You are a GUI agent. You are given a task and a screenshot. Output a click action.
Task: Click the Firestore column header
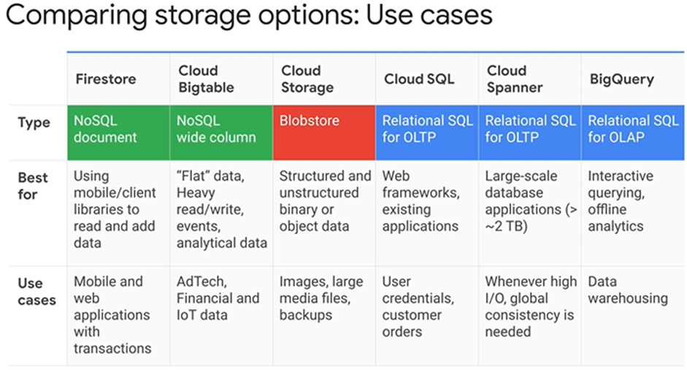106,79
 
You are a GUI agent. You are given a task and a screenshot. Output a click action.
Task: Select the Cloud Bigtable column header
206,79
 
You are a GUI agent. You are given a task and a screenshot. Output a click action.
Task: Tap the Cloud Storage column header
307,79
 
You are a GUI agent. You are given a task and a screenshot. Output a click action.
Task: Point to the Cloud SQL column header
419,79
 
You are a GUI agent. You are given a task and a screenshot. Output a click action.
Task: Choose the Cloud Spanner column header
515,79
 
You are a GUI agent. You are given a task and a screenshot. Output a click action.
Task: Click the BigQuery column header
622,79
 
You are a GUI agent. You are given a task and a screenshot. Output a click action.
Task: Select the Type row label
34,122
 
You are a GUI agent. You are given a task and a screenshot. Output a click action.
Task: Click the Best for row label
32,186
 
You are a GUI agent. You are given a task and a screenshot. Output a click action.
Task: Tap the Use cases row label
37,292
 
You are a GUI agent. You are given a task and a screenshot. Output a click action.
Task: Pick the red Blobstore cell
323,132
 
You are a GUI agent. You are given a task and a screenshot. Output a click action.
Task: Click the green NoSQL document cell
118,132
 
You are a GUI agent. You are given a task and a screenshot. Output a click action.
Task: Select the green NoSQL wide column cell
221,132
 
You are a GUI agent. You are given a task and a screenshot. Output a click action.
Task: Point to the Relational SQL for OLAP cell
633,132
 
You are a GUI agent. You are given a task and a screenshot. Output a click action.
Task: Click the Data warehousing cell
628,290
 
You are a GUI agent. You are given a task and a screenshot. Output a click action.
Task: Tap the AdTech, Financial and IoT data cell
218,298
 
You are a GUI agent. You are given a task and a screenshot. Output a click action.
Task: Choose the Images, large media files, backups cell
321,298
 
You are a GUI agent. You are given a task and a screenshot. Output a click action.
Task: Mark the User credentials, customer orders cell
418,306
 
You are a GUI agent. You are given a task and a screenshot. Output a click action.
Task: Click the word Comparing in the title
76,15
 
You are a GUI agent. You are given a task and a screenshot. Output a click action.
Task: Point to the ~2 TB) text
506,226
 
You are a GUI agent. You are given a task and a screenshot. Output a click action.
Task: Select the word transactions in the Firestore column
112,348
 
